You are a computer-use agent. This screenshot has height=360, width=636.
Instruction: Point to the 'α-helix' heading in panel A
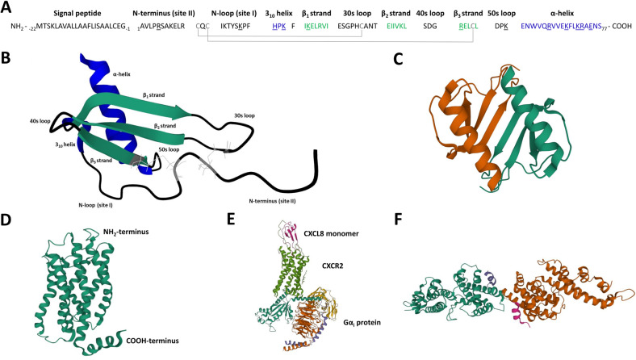[575, 14]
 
